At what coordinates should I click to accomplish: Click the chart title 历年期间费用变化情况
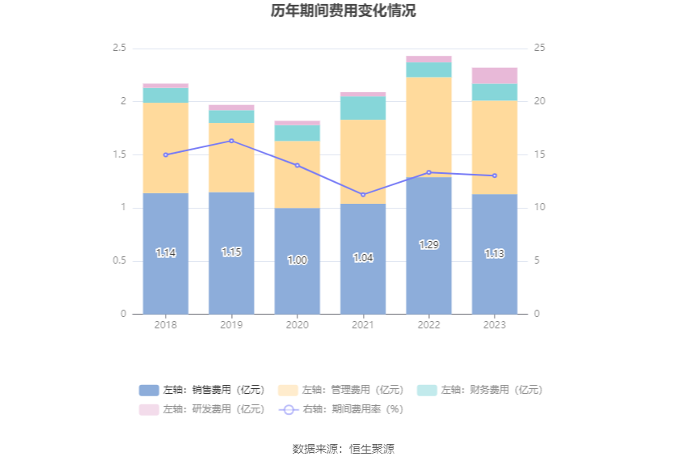[x=343, y=11]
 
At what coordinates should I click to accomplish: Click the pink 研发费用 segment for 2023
[x=495, y=76]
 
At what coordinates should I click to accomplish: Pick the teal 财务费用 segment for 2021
[x=363, y=108]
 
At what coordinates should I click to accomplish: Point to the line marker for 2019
[x=231, y=141]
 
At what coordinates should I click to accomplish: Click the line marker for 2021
[x=363, y=195]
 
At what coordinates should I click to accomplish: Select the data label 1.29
[x=428, y=244]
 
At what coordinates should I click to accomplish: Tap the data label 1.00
[x=297, y=260]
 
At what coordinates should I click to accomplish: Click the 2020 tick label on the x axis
[x=297, y=325]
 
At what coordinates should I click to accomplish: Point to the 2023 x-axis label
[x=495, y=325]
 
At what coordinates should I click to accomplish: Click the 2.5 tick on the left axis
[x=119, y=49]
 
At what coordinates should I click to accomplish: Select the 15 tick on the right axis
[x=540, y=154]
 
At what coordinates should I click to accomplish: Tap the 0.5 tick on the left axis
[x=119, y=260]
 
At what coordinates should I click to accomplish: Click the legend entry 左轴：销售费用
[x=202, y=390]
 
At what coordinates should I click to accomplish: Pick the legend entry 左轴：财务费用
[x=480, y=390]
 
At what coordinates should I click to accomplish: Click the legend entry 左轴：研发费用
[x=202, y=409]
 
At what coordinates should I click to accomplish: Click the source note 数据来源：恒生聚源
[x=343, y=449]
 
